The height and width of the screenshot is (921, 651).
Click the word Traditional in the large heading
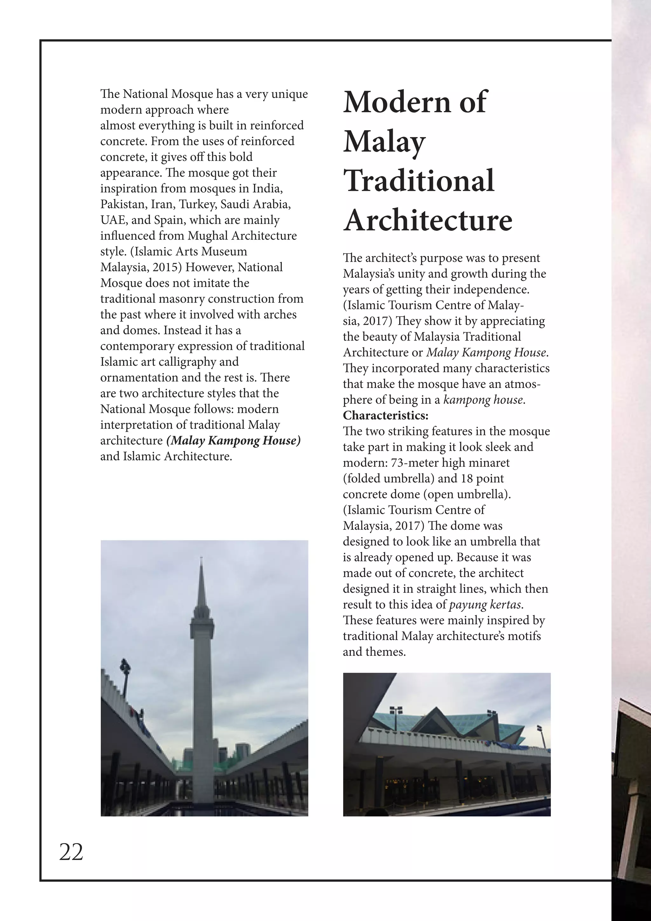click(419, 181)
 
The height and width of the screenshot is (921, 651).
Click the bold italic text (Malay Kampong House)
click(233, 440)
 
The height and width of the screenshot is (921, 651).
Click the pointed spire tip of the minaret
click(201, 562)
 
